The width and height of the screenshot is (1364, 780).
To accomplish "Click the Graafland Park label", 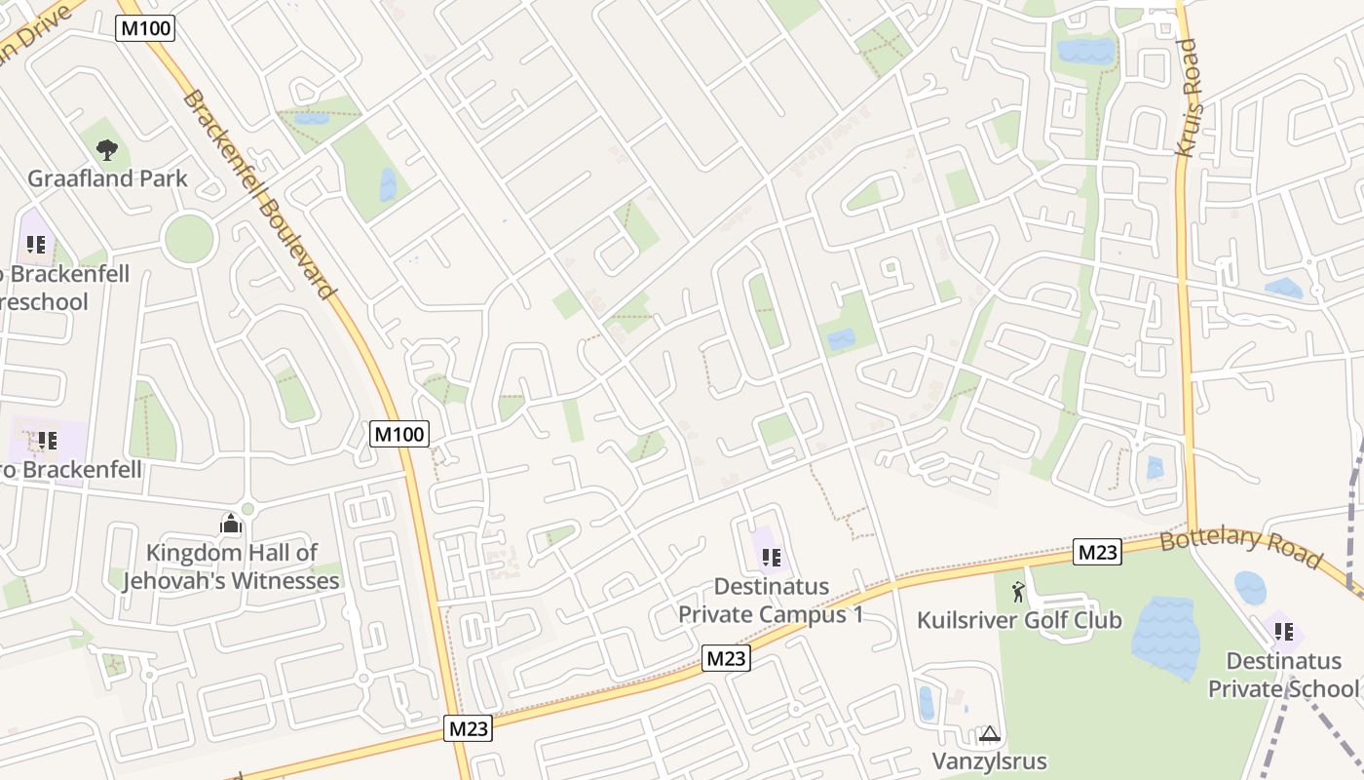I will point(107,178).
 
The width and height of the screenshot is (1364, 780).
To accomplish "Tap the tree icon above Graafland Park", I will point(107,149).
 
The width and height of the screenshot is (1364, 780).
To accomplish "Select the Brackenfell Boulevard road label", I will point(259,194).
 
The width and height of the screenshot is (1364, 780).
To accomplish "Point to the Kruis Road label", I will point(1190,97).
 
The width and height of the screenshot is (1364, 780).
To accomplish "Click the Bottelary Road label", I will point(1241,549).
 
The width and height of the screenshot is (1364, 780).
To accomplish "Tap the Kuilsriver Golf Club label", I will point(1019,620).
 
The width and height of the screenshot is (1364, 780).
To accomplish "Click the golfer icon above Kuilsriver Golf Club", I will point(1019,591).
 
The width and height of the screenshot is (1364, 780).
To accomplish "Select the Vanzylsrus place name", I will point(990,761).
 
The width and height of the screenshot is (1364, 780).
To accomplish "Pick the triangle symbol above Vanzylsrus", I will point(990,733).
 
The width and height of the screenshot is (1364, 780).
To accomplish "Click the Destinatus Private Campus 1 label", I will point(771,601).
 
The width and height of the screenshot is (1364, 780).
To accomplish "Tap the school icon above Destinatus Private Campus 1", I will point(771,558).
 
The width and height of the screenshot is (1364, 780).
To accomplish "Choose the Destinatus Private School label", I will point(1283,675).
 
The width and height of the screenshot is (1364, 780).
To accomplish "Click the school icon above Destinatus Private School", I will point(1283,632).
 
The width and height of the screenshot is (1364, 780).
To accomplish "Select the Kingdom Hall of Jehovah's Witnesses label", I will point(231,567).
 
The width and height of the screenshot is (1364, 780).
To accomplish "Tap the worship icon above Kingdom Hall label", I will point(231,525).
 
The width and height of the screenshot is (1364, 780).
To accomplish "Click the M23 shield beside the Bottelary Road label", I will point(1098,552).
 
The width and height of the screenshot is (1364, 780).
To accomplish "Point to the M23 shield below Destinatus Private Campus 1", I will point(726,658).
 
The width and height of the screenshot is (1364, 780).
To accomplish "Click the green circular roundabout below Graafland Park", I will point(189,238).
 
